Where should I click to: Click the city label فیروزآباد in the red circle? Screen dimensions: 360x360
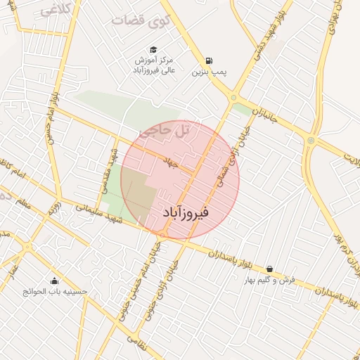pyautogui.click(x=185, y=211)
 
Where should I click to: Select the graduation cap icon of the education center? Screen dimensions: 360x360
pyautogui.click(x=153, y=49)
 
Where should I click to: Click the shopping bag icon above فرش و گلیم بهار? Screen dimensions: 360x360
pyautogui.click(x=269, y=269)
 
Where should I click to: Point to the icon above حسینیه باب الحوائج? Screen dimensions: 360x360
pyautogui.click(x=54, y=280)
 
